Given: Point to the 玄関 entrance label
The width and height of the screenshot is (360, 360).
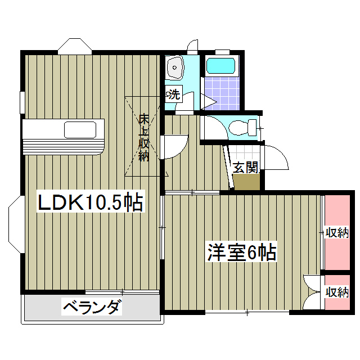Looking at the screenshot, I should pyautogui.click(x=246, y=167).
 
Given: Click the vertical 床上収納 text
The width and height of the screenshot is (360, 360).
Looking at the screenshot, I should pyautogui.click(x=144, y=137).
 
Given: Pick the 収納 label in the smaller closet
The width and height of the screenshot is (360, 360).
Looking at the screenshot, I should pyautogui.click(x=337, y=292).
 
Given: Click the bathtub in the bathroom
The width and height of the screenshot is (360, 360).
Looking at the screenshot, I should pyautogui.click(x=222, y=66).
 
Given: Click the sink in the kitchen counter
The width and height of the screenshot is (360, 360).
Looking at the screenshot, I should pyautogui.click(x=80, y=130).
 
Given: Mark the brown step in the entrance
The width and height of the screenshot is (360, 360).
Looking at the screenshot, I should pyautogui.click(x=246, y=182).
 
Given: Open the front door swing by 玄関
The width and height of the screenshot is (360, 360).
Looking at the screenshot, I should pyautogui.click(x=276, y=157).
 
